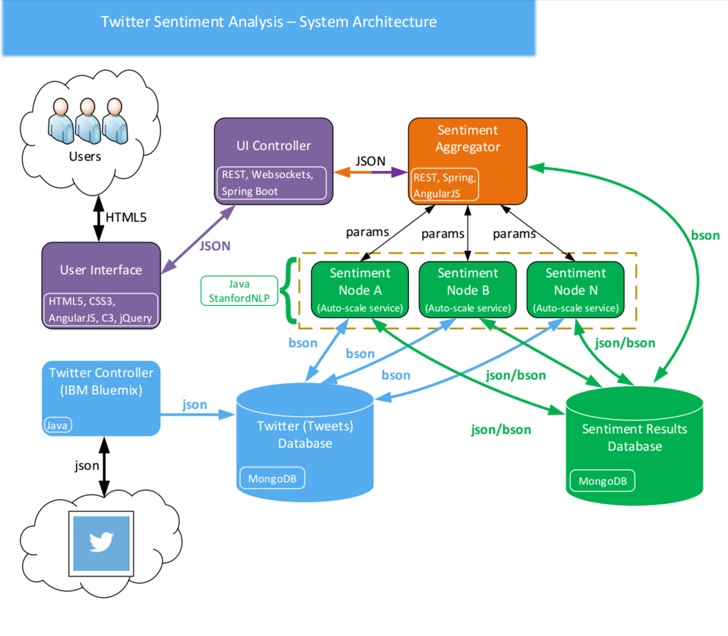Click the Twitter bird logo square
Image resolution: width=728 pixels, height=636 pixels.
point(102,542)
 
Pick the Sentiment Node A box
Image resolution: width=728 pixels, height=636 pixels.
point(359,289)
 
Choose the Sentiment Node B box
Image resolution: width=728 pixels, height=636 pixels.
point(467,289)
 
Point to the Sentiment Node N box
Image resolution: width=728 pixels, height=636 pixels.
point(574,289)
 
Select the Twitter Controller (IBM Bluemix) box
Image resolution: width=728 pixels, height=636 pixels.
point(101,398)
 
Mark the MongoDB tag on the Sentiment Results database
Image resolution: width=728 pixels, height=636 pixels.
point(602,482)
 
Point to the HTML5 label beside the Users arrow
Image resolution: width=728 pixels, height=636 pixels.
point(125,218)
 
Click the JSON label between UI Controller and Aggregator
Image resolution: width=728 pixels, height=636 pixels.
point(371,160)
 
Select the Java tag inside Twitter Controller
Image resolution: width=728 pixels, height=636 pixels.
point(57,425)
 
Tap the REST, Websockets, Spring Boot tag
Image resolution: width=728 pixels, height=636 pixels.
point(272,182)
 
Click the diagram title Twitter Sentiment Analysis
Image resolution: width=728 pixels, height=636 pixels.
point(268,21)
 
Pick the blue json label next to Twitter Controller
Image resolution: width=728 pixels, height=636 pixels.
point(195,405)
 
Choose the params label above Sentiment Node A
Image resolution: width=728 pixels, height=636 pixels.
point(366,232)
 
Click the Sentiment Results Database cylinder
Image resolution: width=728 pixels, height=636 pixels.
point(635,445)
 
